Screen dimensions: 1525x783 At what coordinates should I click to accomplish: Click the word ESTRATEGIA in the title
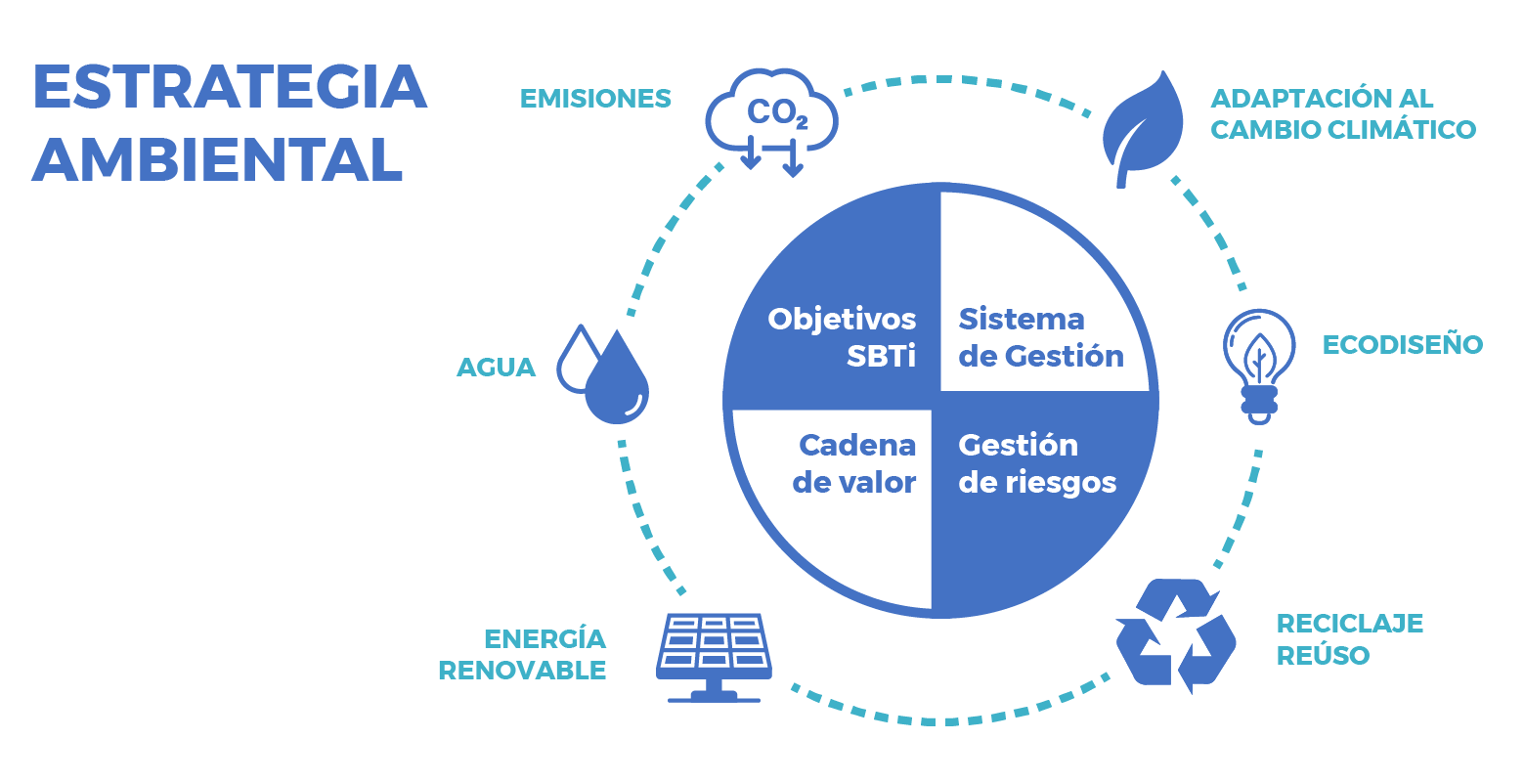coord(230,86)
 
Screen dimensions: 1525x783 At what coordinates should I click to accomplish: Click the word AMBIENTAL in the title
coord(217,159)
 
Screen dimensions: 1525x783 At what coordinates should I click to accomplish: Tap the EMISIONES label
coord(595,99)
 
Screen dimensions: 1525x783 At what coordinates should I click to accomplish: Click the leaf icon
coord(1143,129)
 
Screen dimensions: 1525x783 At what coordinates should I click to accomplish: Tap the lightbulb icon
coord(1259,367)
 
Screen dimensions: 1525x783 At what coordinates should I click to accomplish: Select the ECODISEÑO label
coord(1403,344)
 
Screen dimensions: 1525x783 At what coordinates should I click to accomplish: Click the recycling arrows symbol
coord(1176,635)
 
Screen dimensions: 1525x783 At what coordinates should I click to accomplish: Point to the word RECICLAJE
coord(1349,623)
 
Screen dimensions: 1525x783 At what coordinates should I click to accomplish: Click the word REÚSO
coord(1323,655)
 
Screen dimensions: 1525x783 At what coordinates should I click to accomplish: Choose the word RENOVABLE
coord(522,671)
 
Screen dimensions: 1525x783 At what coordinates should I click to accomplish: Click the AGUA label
coord(496,368)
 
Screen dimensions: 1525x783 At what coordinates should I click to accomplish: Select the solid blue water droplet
coord(617,378)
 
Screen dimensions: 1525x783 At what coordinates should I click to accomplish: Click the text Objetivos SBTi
coord(842,337)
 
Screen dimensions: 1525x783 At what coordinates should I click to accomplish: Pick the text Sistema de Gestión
coord(1041,337)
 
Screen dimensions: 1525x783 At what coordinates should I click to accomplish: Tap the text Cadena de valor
coord(854,463)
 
